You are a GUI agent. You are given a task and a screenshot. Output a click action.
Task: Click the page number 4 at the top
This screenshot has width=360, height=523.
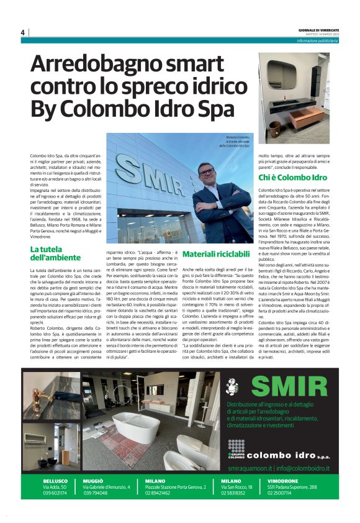click(22, 32)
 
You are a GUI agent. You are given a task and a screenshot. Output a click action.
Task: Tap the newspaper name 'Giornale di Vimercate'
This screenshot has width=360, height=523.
click(313, 30)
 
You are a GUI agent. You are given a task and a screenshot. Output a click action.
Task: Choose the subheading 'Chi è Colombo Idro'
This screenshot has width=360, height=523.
click(292, 178)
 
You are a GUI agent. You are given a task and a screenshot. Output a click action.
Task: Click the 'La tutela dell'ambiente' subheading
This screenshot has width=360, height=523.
click(52, 253)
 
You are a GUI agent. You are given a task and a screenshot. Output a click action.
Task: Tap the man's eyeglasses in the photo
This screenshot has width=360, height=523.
click(207, 171)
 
